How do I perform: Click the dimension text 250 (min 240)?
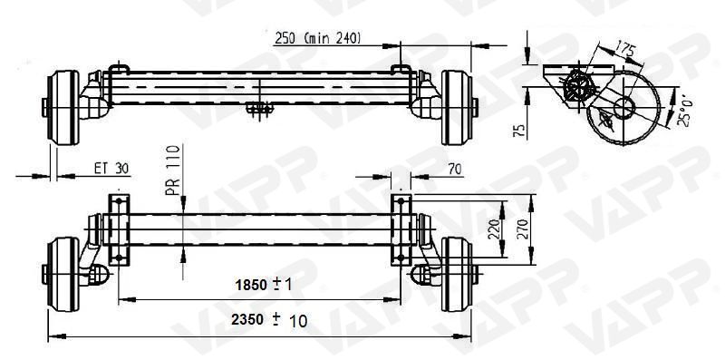pyautogui.click(x=317, y=37)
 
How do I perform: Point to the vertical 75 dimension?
pyautogui.click(x=518, y=131)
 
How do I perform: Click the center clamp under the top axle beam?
pyautogui.click(x=259, y=109)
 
